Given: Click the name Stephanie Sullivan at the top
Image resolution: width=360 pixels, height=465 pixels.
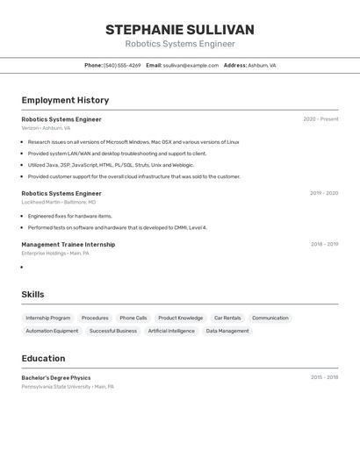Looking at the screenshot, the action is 180,30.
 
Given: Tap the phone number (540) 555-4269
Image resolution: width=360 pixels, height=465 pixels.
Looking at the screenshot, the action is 122,65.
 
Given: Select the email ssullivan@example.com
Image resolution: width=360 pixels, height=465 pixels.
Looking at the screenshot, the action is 191,65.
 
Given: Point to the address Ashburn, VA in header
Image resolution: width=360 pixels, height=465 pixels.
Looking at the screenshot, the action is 262,65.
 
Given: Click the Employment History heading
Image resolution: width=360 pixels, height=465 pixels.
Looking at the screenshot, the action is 65,100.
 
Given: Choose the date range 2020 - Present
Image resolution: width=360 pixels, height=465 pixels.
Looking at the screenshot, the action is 320,119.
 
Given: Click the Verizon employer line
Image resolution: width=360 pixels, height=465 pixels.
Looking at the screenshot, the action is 46,128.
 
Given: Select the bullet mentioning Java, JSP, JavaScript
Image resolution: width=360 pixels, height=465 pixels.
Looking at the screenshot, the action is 111,165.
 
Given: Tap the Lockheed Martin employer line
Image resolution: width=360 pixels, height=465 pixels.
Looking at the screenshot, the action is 59,202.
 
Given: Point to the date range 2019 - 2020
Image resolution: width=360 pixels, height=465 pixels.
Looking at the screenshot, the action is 323,193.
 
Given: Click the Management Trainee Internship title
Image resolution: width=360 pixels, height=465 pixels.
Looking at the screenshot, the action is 68,245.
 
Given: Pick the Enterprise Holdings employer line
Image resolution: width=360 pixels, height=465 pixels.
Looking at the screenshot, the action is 55,254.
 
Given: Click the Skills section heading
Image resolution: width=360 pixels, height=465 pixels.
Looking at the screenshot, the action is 32,295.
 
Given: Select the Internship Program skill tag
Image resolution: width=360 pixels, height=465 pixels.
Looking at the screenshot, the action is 48,318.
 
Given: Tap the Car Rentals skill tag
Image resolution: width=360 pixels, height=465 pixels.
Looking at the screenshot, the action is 227,318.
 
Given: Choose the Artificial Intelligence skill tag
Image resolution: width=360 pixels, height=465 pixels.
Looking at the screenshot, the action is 171,332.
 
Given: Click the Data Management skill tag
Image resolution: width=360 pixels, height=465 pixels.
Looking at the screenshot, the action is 227,332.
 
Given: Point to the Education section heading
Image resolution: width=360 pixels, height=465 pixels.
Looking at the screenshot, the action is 43,358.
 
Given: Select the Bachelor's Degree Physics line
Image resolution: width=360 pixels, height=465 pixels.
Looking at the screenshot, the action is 56,378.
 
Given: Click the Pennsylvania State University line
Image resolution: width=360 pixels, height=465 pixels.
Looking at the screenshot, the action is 68,387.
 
